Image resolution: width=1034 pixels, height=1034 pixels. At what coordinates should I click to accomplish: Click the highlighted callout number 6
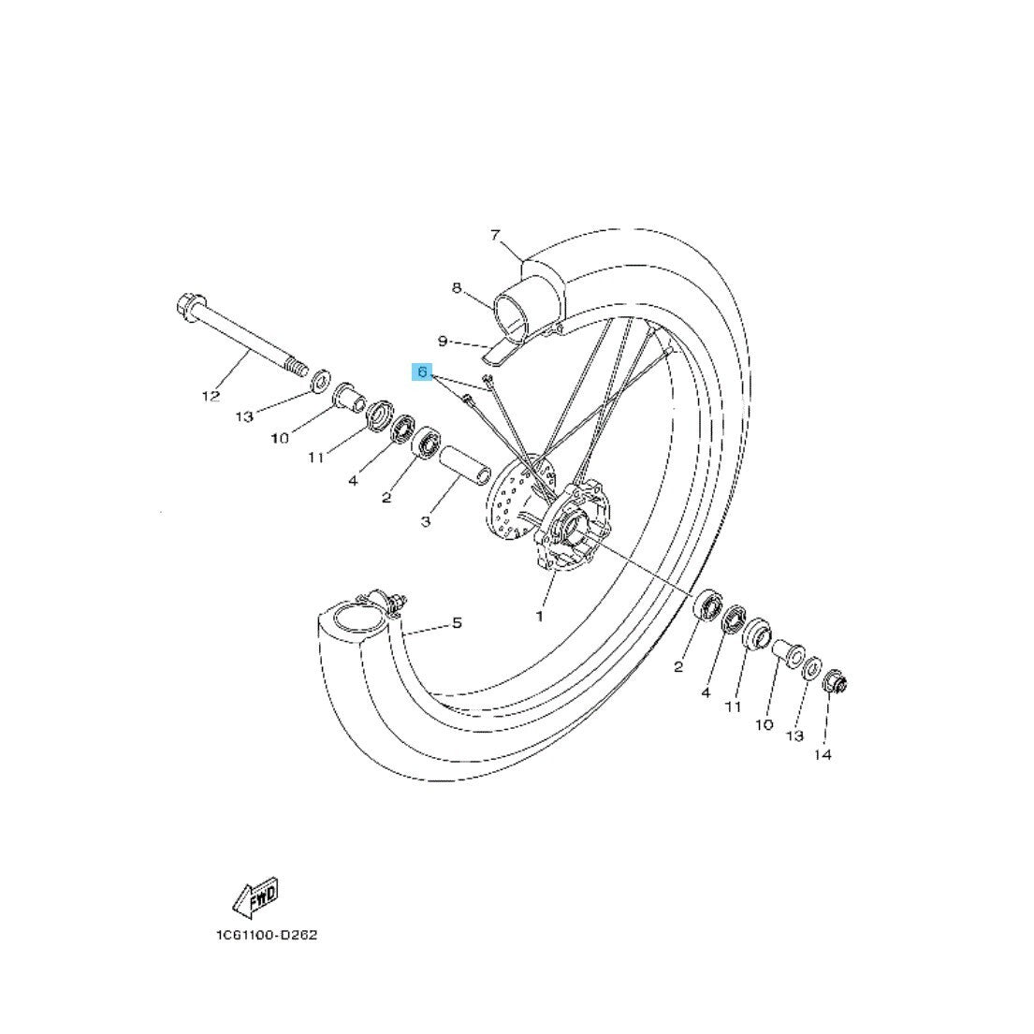pyautogui.click(x=422, y=371)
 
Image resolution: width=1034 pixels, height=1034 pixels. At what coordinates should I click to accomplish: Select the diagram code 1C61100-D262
pyautogui.click(x=267, y=935)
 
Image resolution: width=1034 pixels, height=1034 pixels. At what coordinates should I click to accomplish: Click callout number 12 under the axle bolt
pyautogui.click(x=211, y=396)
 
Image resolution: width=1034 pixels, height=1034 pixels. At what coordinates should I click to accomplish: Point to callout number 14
pyautogui.click(x=823, y=754)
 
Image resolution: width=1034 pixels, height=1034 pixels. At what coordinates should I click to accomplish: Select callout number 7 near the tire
pyautogui.click(x=495, y=234)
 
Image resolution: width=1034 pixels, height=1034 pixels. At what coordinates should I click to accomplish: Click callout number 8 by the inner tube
pyautogui.click(x=457, y=287)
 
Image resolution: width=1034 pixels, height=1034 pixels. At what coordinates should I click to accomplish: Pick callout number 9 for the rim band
pyautogui.click(x=444, y=341)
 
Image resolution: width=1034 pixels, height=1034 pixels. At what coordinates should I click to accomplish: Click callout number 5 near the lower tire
pyautogui.click(x=457, y=622)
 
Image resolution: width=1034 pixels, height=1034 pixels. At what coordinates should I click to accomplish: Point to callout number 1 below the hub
pyautogui.click(x=539, y=617)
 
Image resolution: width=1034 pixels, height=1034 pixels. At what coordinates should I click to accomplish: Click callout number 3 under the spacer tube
pyautogui.click(x=426, y=521)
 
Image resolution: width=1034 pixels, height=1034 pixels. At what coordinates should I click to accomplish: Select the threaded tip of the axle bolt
pyautogui.click(x=299, y=367)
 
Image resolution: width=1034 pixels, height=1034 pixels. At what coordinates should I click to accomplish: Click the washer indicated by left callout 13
pyautogui.click(x=320, y=381)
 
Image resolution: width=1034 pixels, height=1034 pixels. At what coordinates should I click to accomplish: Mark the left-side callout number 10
pyautogui.click(x=280, y=438)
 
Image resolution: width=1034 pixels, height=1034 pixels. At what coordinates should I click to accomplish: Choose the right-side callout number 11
pyautogui.click(x=734, y=706)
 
